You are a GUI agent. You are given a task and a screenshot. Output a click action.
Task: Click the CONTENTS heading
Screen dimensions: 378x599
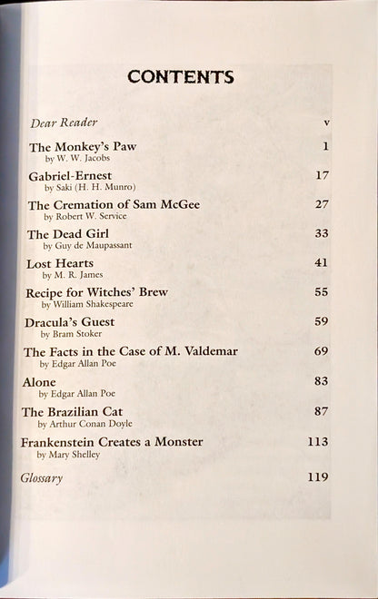coord(180,77)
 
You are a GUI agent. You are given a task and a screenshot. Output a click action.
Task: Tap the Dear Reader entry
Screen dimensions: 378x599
coord(64,123)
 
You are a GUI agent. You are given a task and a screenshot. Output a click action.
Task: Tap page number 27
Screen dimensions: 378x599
coord(321,204)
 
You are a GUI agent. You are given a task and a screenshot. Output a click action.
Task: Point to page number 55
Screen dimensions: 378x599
coord(321,292)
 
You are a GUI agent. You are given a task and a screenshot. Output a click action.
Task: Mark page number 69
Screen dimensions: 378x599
coord(321,350)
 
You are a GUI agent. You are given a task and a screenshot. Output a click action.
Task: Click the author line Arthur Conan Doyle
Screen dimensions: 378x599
coord(85,424)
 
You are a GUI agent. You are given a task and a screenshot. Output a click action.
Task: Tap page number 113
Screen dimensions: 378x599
coord(317,441)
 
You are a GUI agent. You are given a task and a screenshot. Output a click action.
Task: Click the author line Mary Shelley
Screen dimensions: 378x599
coord(68,455)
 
